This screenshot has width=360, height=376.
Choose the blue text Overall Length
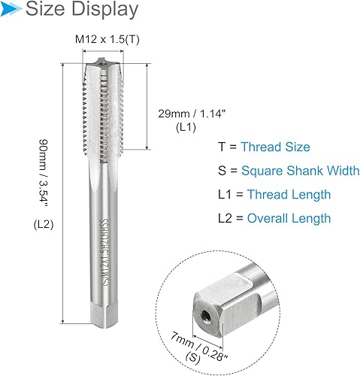click(288, 218)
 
